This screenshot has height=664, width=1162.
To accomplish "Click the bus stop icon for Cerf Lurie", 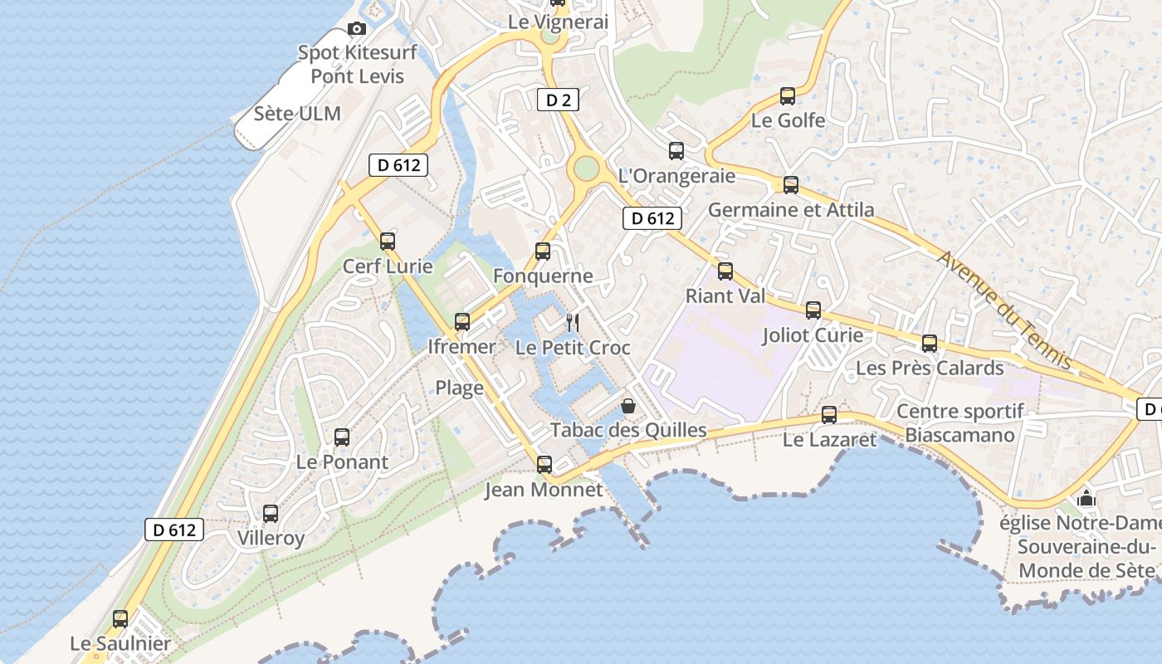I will pyautogui.click(x=388, y=242).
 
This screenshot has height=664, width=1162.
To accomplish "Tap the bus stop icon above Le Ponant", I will pyautogui.click(x=342, y=437).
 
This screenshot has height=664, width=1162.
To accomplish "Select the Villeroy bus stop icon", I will pyautogui.click(x=271, y=514).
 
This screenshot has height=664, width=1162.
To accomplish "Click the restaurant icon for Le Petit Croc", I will pyautogui.click(x=572, y=323).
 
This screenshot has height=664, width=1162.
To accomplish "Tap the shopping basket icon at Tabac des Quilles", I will pyautogui.click(x=628, y=406).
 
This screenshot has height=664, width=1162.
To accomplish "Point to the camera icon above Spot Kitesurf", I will pyautogui.click(x=357, y=29).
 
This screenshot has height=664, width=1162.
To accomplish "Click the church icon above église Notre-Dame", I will pyautogui.click(x=1086, y=499).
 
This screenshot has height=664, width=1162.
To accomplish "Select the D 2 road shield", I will pyautogui.click(x=558, y=100).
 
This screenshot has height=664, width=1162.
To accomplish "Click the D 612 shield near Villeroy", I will pyautogui.click(x=174, y=530).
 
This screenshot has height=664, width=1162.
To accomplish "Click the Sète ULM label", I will pyautogui.click(x=297, y=114).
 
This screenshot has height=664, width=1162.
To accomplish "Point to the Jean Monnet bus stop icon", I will pyautogui.click(x=544, y=465).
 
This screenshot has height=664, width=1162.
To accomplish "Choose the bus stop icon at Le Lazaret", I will pyautogui.click(x=829, y=415).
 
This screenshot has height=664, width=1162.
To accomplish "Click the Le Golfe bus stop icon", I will pyautogui.click(x=788, y=96).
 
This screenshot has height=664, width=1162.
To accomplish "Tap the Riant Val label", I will pyautogui.click(x=725, y=296).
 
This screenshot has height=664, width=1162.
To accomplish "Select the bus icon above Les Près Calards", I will pyautogui.click(x=930, y=344).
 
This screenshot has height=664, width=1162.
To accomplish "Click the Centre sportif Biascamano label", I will pyautogui.click(x=960, y=423).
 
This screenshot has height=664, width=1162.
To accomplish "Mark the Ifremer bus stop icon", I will pyautogui.click(x=462, y=322).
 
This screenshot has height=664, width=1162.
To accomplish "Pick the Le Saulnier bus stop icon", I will pyautogui.click(x=120, y=618).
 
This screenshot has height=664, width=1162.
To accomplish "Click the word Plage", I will pyautogui.click(x=459, y=388).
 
